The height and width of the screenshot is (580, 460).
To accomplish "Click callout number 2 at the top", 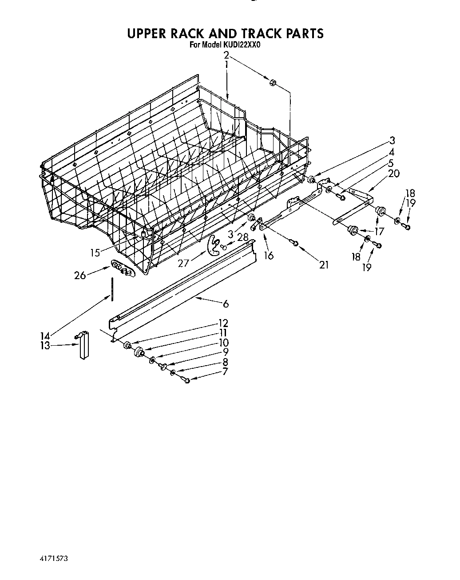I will coord(226,55).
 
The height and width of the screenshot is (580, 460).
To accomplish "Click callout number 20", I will coord(393,174).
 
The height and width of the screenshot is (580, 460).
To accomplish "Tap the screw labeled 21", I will coord(294,242).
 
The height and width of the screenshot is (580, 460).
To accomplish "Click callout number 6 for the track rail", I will coord(226,304).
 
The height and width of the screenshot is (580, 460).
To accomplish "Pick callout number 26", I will coord(80,276).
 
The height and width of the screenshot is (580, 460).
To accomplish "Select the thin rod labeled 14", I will coord(113,288).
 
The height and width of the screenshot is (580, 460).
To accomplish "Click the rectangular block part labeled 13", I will coord(83,345).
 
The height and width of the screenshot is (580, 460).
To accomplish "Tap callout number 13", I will coord(45,345).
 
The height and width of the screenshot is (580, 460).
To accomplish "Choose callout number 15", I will coord(95,253).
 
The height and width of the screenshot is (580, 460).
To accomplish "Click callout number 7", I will coord(225,371).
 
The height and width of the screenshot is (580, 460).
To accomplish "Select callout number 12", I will coord(223,323).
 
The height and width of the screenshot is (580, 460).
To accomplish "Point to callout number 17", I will coord(379,231).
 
